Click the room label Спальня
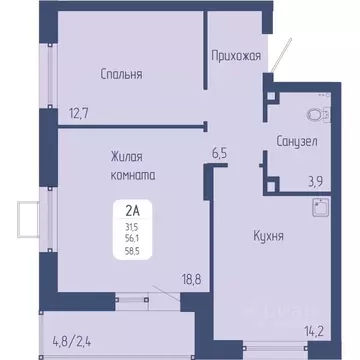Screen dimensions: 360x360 click(121, 73)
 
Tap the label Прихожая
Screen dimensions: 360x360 click(236, 56)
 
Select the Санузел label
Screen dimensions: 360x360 click(296, 142)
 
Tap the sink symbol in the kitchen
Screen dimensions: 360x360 click(321, 208)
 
